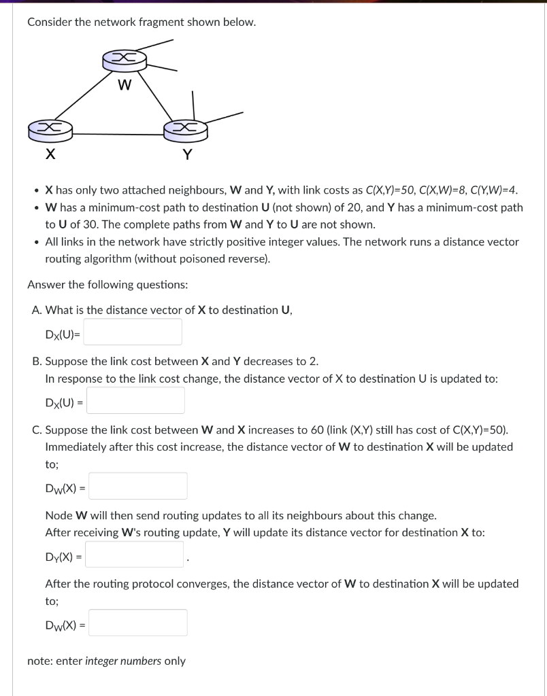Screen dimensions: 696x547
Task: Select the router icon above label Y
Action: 185,128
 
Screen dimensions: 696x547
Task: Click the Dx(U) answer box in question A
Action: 133,332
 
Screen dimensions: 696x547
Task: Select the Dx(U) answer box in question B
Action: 135,401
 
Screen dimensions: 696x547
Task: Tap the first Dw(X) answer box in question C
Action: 137,486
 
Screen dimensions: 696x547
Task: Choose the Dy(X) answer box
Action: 134,555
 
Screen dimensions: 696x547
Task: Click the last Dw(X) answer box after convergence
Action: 137,623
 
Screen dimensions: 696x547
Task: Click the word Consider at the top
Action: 50,22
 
